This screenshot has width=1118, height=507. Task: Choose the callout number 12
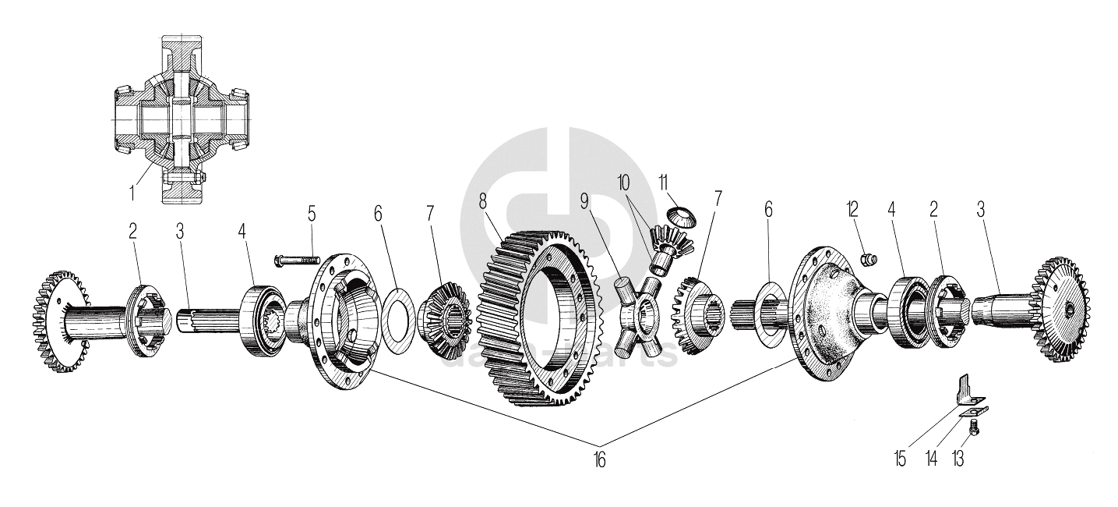(853, 208)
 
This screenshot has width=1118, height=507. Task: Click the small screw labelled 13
(972, 426)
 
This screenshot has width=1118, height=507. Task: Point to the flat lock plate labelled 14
(972, 409)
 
